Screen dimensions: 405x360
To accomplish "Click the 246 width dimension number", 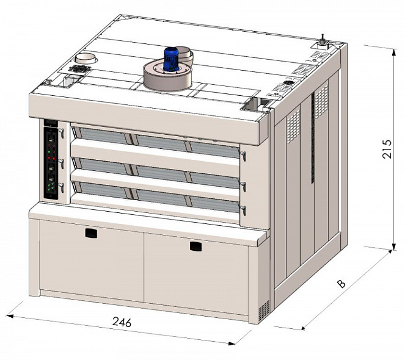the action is pos(122,322).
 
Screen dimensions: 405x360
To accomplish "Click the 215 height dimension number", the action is pos(387,149).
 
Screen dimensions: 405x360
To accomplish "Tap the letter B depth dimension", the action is pos(341,284).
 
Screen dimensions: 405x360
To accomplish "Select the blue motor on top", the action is pos(170,59).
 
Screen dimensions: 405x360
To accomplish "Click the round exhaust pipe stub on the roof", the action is pos(86,59).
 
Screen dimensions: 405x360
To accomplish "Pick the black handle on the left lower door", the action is pos(91,233).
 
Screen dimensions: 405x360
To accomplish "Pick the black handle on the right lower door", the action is pos(195,246).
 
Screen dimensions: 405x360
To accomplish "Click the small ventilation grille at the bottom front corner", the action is pos(264,311).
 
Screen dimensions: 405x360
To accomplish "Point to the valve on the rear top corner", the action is pos(322,41).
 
